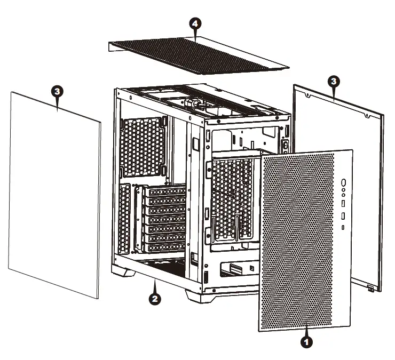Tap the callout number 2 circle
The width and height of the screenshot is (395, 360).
point(154,299)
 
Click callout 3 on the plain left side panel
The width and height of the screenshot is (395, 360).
point(57,91)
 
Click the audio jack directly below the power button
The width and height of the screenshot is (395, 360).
point(343,189)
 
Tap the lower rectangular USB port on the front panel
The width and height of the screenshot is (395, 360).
point(343,216)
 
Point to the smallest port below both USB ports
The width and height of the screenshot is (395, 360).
point(343,228)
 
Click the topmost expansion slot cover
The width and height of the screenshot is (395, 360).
point(165,191)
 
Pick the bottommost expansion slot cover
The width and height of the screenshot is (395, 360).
point(165,247)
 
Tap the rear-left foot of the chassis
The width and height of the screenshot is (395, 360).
point(125,271)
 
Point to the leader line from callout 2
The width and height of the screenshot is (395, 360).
point(154,285)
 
